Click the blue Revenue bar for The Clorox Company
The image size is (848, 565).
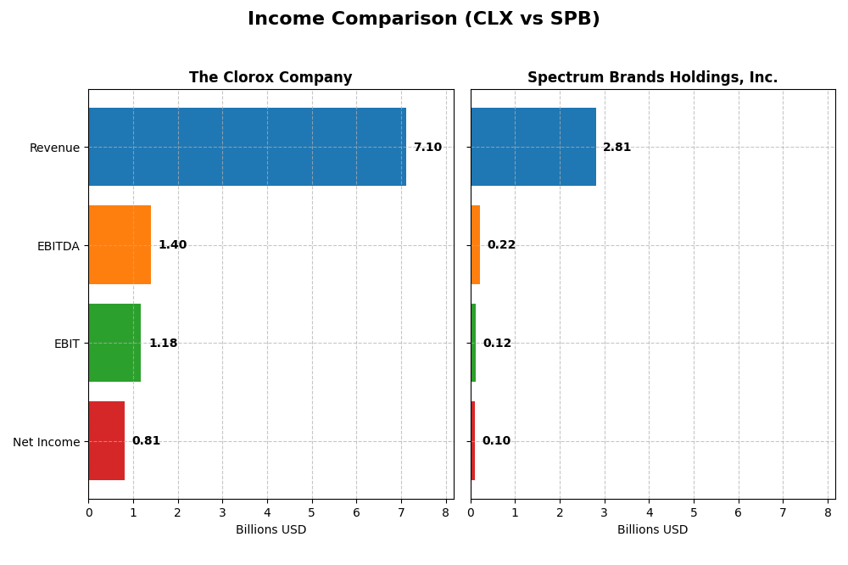click(247, 147)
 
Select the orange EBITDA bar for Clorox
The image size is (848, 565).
click(120, 245)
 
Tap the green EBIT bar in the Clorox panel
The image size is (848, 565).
click(114, 343)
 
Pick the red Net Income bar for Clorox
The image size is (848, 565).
click(107, 441)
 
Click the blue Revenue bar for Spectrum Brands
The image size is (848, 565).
click(533, 147)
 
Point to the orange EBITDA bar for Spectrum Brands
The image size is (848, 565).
click(476, 245)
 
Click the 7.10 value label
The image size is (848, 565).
click(427, 148)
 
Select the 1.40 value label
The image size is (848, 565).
click(172, 245)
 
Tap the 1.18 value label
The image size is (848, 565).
click(163, 344)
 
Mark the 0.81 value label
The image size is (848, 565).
click(146, 441)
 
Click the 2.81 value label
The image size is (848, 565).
click(616, 148)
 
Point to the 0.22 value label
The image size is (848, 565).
click(501, 245)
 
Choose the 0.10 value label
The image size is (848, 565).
click(496, 441)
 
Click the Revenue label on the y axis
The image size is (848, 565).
click(54, 148)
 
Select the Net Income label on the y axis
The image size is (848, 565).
click(47, 442)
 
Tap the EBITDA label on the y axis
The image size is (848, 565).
click(58, 246)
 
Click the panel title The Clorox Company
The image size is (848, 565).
click(271, 78)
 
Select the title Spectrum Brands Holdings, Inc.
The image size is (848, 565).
click(652, 78)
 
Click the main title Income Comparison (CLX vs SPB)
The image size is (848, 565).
click(424, 20)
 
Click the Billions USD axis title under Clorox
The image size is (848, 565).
click(271, 530)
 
